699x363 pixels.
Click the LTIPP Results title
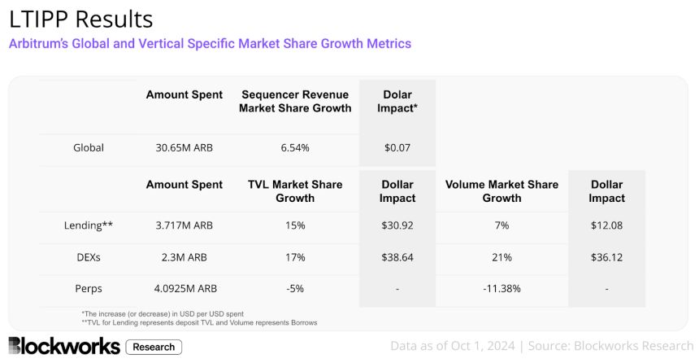pyautogui.click(x=80, y=18)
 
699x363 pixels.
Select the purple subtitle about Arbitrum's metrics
pyautogui.click(x=210, y=43)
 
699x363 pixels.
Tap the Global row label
pyautogui.click(x=89, y=147)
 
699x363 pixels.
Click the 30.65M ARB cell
pyautogui.click(x=184, y=147)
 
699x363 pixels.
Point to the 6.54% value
pyautogui.click(x=294, y=147)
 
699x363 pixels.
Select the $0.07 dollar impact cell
pyautogui.click(x=397, y=147)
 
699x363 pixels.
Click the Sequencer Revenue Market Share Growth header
pyautogui.click(x=294, y=101)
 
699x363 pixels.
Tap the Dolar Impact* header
pyautogui.click(x=397, y=101)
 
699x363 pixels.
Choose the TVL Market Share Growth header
pyautogui.click(x=294, y=191)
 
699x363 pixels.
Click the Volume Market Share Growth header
pyautogui.click(x=501, y=191)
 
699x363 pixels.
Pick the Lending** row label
pyautogui.click(x=89, y=225)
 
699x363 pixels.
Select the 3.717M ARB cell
pyautogui.click(x=184, y=225)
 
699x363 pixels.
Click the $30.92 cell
pyautogui.click(x=397, y=225)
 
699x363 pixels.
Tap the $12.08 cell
pyautogui.click(x=606, y=225)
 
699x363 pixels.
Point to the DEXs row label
pyautogui.click(x=89, y=256)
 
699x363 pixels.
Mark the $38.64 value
pyautogui.click(x=397, y=256)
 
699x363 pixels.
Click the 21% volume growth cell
pyautogui.click(x=501, y=256)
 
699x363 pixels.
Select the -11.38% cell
pyautogui.click(x=501, y=288)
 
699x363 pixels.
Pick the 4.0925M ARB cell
pyautogui.click(x=184, y=288)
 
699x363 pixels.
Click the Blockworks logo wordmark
pyautogui.click(x=63, y=346)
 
